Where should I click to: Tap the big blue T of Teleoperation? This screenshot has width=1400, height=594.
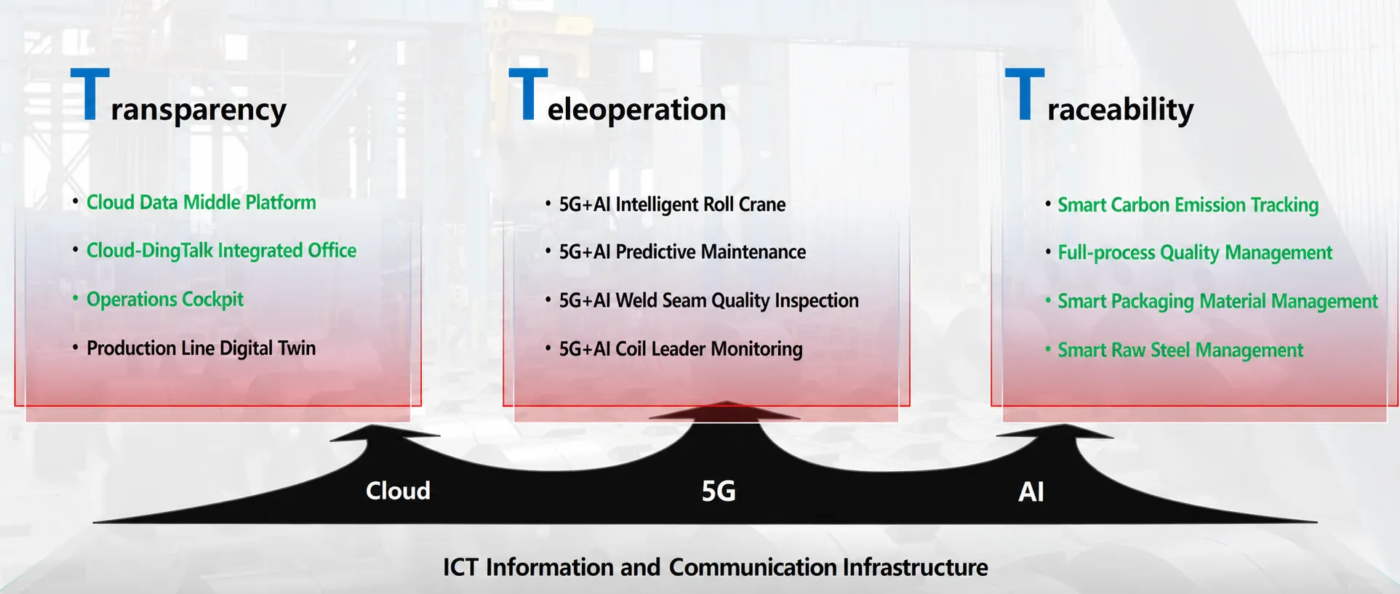click(x=528, y=94)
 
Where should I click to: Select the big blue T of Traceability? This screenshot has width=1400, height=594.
click(x=1024, y=94)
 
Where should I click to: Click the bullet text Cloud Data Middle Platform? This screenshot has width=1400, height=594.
click(x=201, y=202)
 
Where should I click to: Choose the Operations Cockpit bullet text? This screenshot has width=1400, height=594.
click(x=165, y=300)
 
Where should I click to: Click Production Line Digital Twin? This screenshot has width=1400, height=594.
click(x=201, y=348)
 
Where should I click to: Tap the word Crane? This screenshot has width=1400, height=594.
click(x=762, y=204)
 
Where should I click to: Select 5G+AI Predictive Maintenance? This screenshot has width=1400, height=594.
click(x=682, y=252)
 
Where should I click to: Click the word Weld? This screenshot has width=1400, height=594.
click(x=636, y=300)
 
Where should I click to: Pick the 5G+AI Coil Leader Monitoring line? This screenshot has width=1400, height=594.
click(x=681, y=349)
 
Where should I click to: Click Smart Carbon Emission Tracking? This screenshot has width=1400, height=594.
click(x=1188, y=205)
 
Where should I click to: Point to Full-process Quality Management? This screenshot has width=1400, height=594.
click(x=1195, y=253)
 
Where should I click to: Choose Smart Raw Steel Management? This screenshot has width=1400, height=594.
click(x=1180, y=350)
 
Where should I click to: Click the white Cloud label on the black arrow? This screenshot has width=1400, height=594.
click(x=398, y=491)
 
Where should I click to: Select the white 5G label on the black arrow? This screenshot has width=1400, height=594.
click(x=719, y=491)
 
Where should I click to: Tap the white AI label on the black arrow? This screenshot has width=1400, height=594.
click(x=1031, y=492)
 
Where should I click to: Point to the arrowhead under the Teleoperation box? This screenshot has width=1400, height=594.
click(x=724, y=412)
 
